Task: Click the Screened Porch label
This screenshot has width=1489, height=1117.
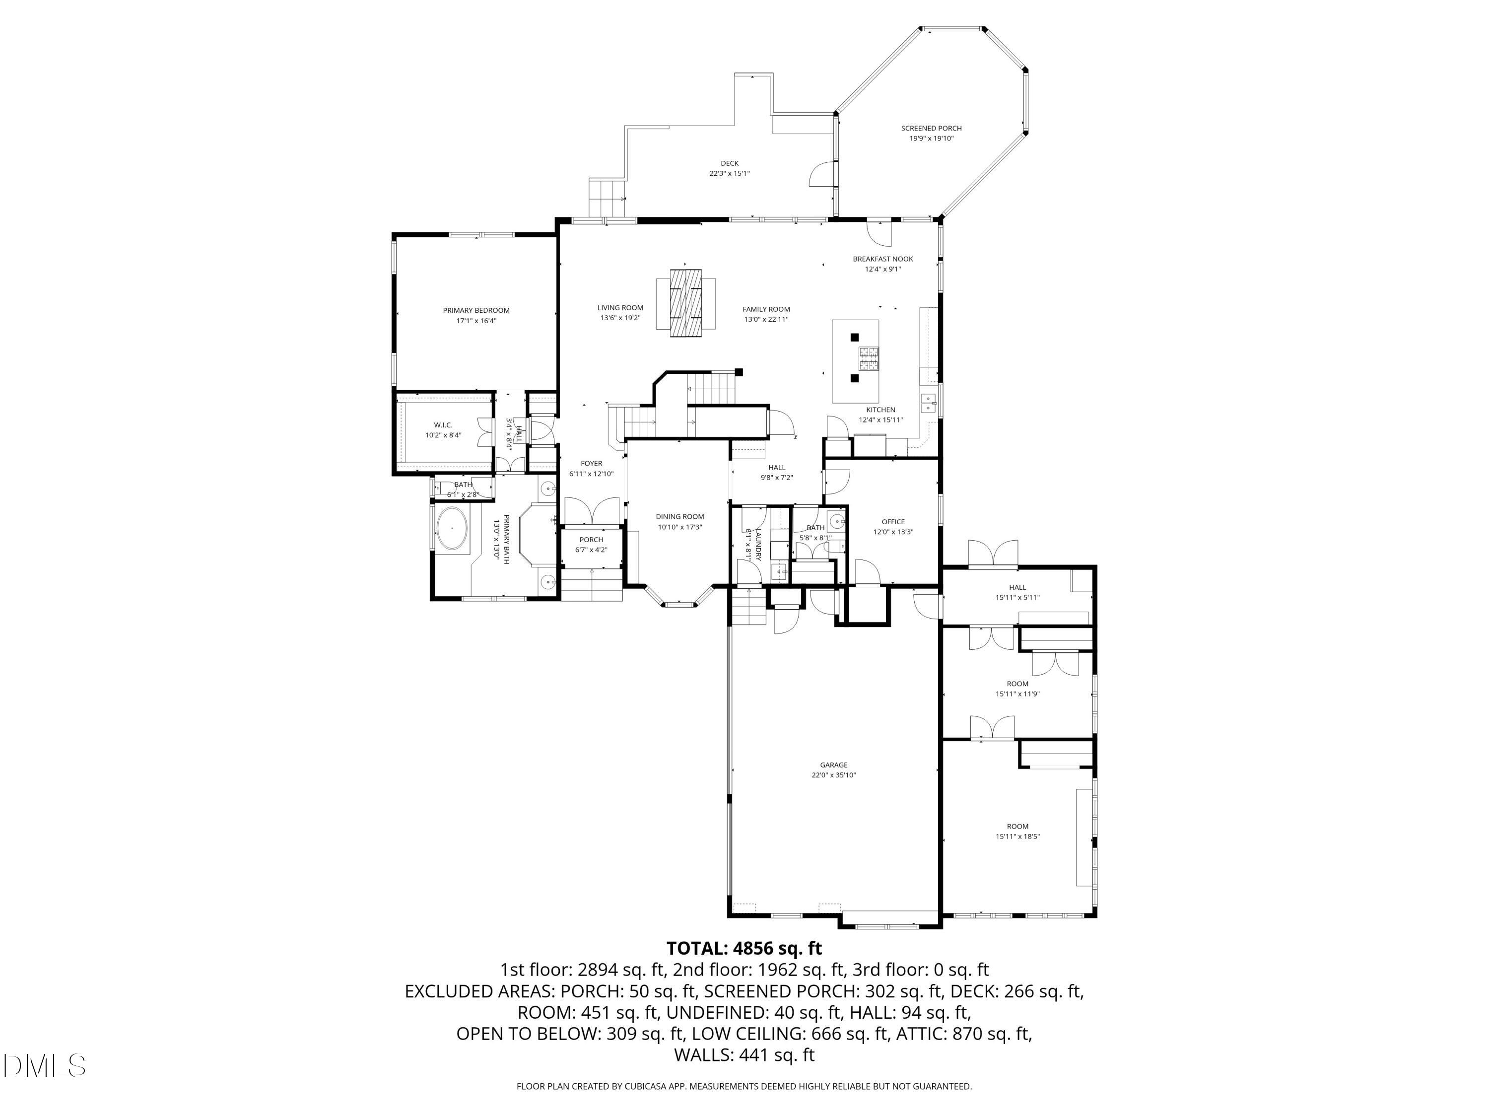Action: pos(931,128)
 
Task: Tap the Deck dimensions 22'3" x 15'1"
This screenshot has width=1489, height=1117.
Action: pos(729,174)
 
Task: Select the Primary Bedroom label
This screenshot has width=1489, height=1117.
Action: pos(476,310)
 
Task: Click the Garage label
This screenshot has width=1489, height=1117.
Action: pos(833,765)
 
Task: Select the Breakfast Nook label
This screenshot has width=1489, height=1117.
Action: pos(882,259)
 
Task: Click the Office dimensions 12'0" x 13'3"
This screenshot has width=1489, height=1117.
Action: pos(893,532)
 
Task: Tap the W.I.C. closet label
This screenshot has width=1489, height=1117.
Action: pos(443,425)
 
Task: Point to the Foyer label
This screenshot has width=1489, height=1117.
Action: pos(591,463)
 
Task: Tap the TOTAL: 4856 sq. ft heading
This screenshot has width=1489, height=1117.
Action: pos(744,949)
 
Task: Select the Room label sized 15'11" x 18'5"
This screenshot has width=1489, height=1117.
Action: pos(1017,827)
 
